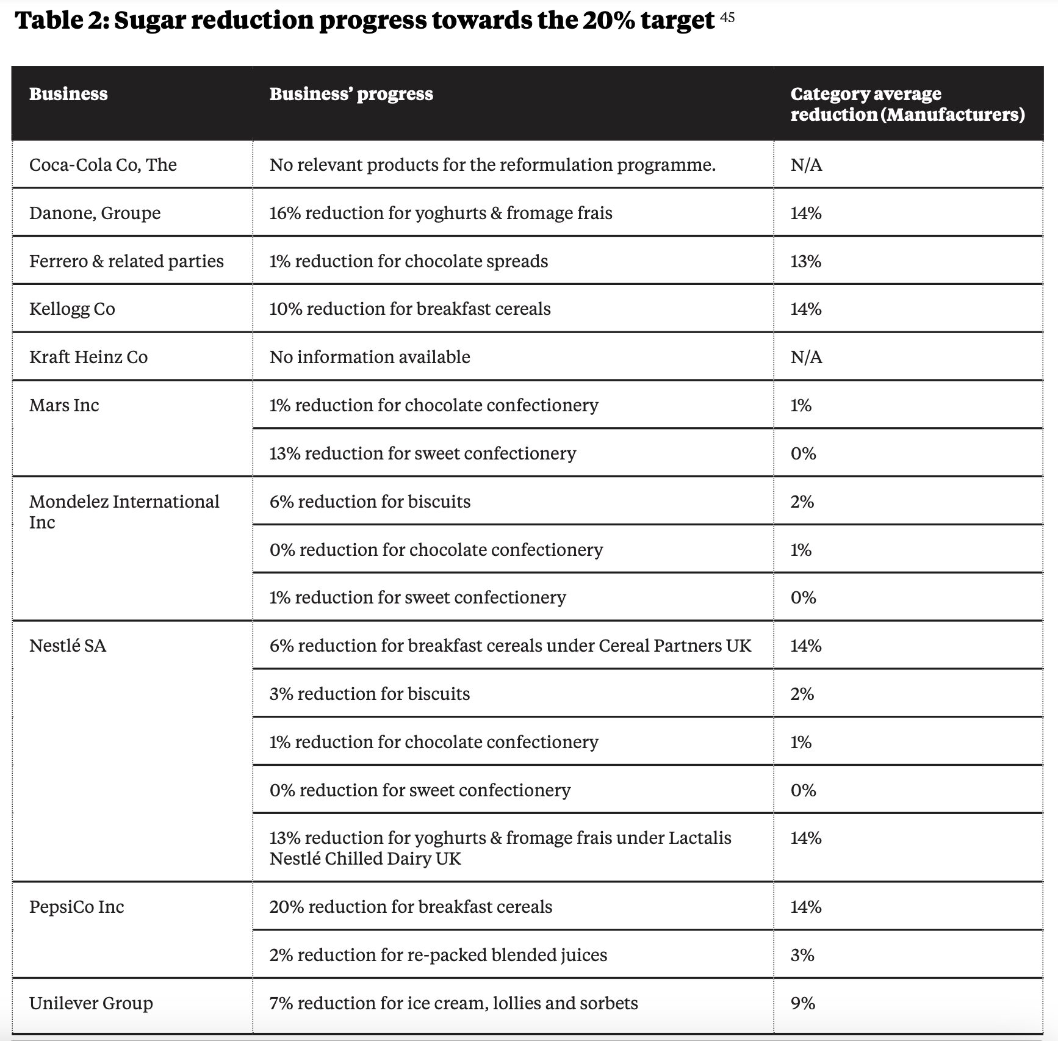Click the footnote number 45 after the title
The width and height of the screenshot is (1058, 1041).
click(x=727, y=17)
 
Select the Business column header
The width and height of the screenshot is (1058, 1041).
click(x=68, y=94)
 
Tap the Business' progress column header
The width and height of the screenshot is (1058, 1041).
click(x=351, y=94)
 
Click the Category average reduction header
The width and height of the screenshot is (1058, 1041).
click(x=907, y=104)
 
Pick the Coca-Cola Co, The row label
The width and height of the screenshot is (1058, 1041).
click(x=103, y=165)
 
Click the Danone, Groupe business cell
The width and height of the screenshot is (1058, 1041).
click(x=95, y=213)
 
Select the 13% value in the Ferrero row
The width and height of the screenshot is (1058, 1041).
click(x=805, y=261)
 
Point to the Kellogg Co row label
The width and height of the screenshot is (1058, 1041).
click(x=72, y=309)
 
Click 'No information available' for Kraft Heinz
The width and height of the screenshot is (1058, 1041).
click(x=370, y=357)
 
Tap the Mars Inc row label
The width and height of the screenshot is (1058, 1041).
click(x=64, y=405)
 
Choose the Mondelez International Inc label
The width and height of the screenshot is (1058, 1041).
click(x=123, y=511)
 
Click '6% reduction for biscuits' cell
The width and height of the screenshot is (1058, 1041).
click(x=370, y=502)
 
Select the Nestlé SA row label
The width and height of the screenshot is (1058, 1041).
click(x=68, y=646)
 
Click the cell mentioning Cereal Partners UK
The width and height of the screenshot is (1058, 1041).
click(x=510, y=646)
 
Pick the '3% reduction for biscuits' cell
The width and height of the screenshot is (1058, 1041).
click(x=370, y=694)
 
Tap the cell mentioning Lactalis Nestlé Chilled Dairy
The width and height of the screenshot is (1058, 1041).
click(x=500, y=848)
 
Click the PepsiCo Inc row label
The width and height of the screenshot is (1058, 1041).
click(x=76, y=907)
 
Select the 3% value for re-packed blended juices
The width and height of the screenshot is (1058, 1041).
click(x=802, y=955)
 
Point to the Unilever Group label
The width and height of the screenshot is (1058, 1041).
click(x=91, y=1003)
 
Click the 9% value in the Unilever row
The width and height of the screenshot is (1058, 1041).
click(x=802, y=1003)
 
